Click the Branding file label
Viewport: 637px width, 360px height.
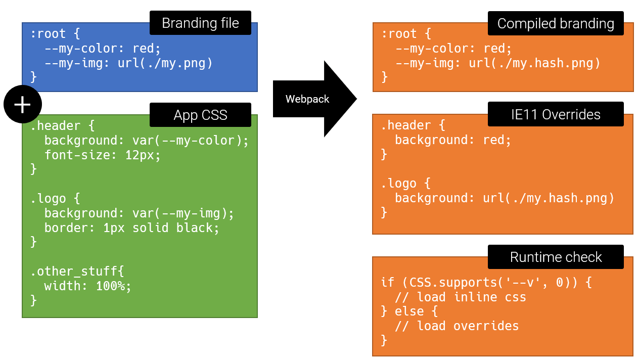click(x=200, y=23)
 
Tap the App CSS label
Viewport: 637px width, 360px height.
click(x=200, y=115)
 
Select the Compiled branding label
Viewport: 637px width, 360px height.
click(x=556, y=23)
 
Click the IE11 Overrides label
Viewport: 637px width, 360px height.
click(x=556, y=114)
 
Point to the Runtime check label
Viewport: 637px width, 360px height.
click(x=556, y=257)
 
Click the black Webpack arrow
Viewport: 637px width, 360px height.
click(x=315, y=99)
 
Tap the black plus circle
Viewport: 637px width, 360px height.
click(x=23, y=104)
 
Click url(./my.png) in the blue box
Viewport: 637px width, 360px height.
click(x=165, y=63)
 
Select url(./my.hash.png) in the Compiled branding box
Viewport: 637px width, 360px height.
click(x=534, y=63)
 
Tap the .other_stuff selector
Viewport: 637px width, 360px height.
click(x=74, y=272)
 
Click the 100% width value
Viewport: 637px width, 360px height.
click(x=110, y=286)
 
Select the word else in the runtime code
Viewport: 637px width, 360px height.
click(x=409, y=311)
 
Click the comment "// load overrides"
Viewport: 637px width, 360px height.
click(x=457, y=326)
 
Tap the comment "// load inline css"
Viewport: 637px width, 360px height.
click(x=461, y=297)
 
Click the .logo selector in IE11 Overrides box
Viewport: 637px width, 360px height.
click(x=398, y=184)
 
